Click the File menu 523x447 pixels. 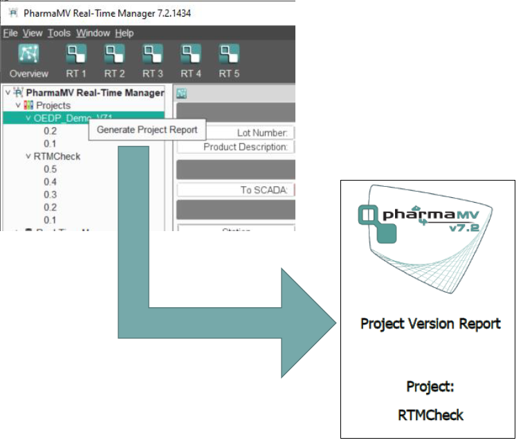pyautogui.click(x=10, y=33)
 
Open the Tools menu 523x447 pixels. pyautogui.click(x=59, y=33)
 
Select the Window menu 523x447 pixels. pyautogui.click(x=93, y=33)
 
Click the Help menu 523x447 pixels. pyautogui.click(x=125, y=33)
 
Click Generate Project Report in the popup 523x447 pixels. pyautogui.click(x=147, y=129)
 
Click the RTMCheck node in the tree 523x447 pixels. pyautogui.click(x=57, y=156)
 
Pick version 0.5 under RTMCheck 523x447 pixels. pyautogui.click(x=50, y=169)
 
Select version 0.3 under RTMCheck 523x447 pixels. pyautogui.click(x=50, y=194)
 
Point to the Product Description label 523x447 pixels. pyautogui.click(x=245, y=147)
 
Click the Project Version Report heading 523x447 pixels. pyautogui.click(x=430, y=324)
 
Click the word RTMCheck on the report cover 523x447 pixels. pyautogui.click(x=430, y=415)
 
